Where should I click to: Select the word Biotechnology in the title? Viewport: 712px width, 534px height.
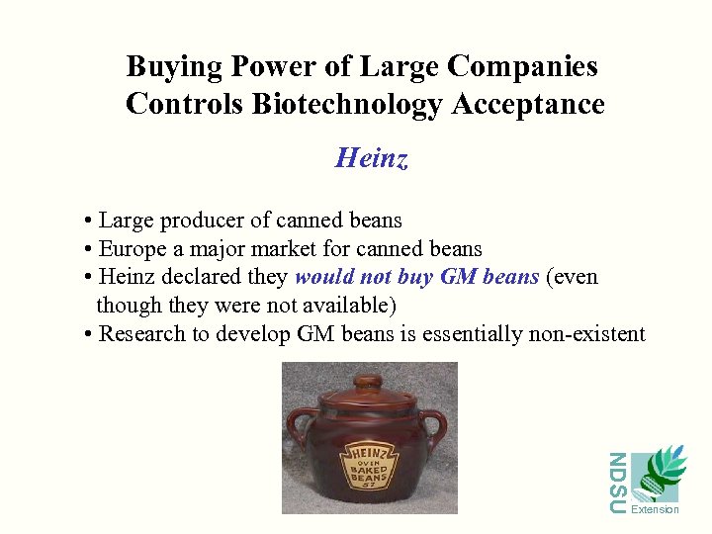click(x=346, y=104)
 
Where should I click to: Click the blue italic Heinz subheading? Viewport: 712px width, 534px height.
click(x=371, y=157)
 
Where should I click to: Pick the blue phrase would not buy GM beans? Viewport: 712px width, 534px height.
click(x=416, y=277)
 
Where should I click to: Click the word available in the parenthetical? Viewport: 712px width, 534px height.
click(x=342, y=305)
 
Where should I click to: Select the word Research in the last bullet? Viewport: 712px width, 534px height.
click(x=143, y=334)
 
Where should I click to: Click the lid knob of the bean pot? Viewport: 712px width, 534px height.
click(x=368, y=381)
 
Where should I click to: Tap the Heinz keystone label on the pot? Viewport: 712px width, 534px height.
click(x=368, y=464)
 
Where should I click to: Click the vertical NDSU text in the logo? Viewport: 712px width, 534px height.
click(x=617, y=484)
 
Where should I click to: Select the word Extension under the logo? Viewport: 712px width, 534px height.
click(x=655, y=510)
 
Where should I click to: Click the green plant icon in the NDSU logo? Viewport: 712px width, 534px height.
click(x=659, y=473)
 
